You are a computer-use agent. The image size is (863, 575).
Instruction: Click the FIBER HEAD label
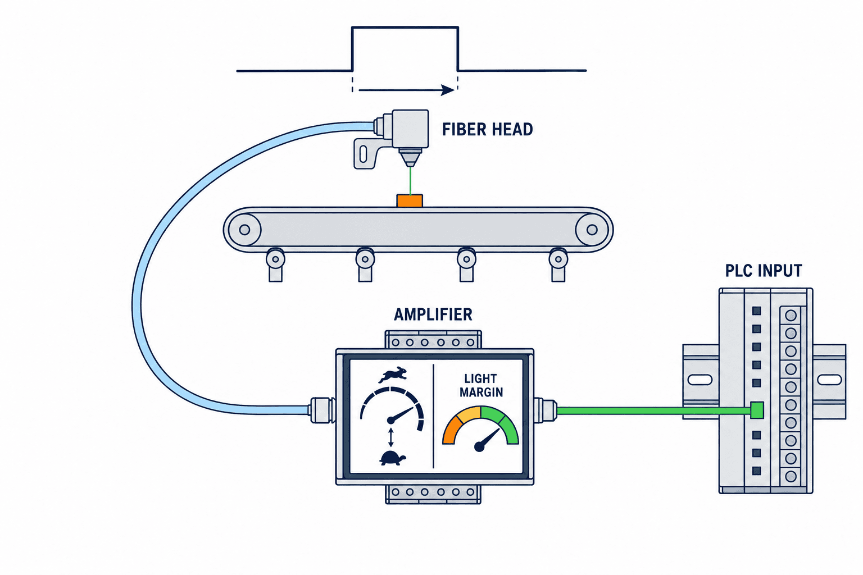click(x=487, y=129)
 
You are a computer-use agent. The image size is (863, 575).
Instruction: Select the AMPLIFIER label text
click(x=433, y=314)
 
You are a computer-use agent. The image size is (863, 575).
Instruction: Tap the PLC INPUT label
click(x=764, y=271)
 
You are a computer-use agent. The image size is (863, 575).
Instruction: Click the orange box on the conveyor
click(x=410, y=200)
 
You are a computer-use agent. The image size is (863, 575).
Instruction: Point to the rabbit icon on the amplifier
click(x=393, y=375)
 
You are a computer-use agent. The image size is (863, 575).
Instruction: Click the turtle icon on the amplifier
click(x=393, y=458)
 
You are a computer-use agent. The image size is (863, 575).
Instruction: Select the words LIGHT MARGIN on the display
click(x=481, y=385)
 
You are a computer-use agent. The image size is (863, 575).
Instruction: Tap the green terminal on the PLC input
click(x=757, y=410)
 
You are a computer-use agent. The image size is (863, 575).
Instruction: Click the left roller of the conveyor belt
click(x=244, y=230)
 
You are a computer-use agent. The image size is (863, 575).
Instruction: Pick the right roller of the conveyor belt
click(x=592, y=230)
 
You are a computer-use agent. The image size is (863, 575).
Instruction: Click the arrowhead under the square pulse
click(x=448, y=90)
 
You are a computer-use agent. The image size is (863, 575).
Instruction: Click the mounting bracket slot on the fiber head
click(x=363, y=154)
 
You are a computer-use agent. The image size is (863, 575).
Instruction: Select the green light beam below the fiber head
click(x=410, y=181)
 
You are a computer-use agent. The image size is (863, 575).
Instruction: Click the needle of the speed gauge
click(x=402, y=414)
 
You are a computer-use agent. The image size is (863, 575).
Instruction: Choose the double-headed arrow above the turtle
click(x=391, y=437)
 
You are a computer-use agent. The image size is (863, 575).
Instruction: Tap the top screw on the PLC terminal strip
click(x=791, y=316)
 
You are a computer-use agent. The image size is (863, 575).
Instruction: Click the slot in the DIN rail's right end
click(x=829, y=380)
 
